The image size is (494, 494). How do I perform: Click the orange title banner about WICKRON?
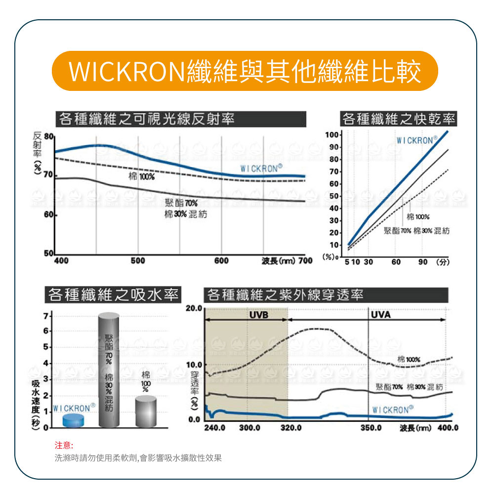coord(246,71)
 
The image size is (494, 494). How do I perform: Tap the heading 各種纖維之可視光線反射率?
coord(146,119)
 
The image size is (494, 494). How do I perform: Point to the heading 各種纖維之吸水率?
coord(112,295)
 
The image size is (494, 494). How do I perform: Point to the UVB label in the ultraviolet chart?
coord(258,314)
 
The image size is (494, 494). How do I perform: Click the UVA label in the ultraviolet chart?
coord(380,314)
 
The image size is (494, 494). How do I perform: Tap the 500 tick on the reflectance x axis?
coord(138,260)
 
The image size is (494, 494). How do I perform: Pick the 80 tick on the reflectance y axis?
coord(48,136)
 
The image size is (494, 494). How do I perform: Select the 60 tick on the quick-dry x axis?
coord(396,262)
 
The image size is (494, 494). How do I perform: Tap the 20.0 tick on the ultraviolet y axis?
coord(194,309)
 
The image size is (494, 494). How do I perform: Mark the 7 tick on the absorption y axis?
coord(45,316)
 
